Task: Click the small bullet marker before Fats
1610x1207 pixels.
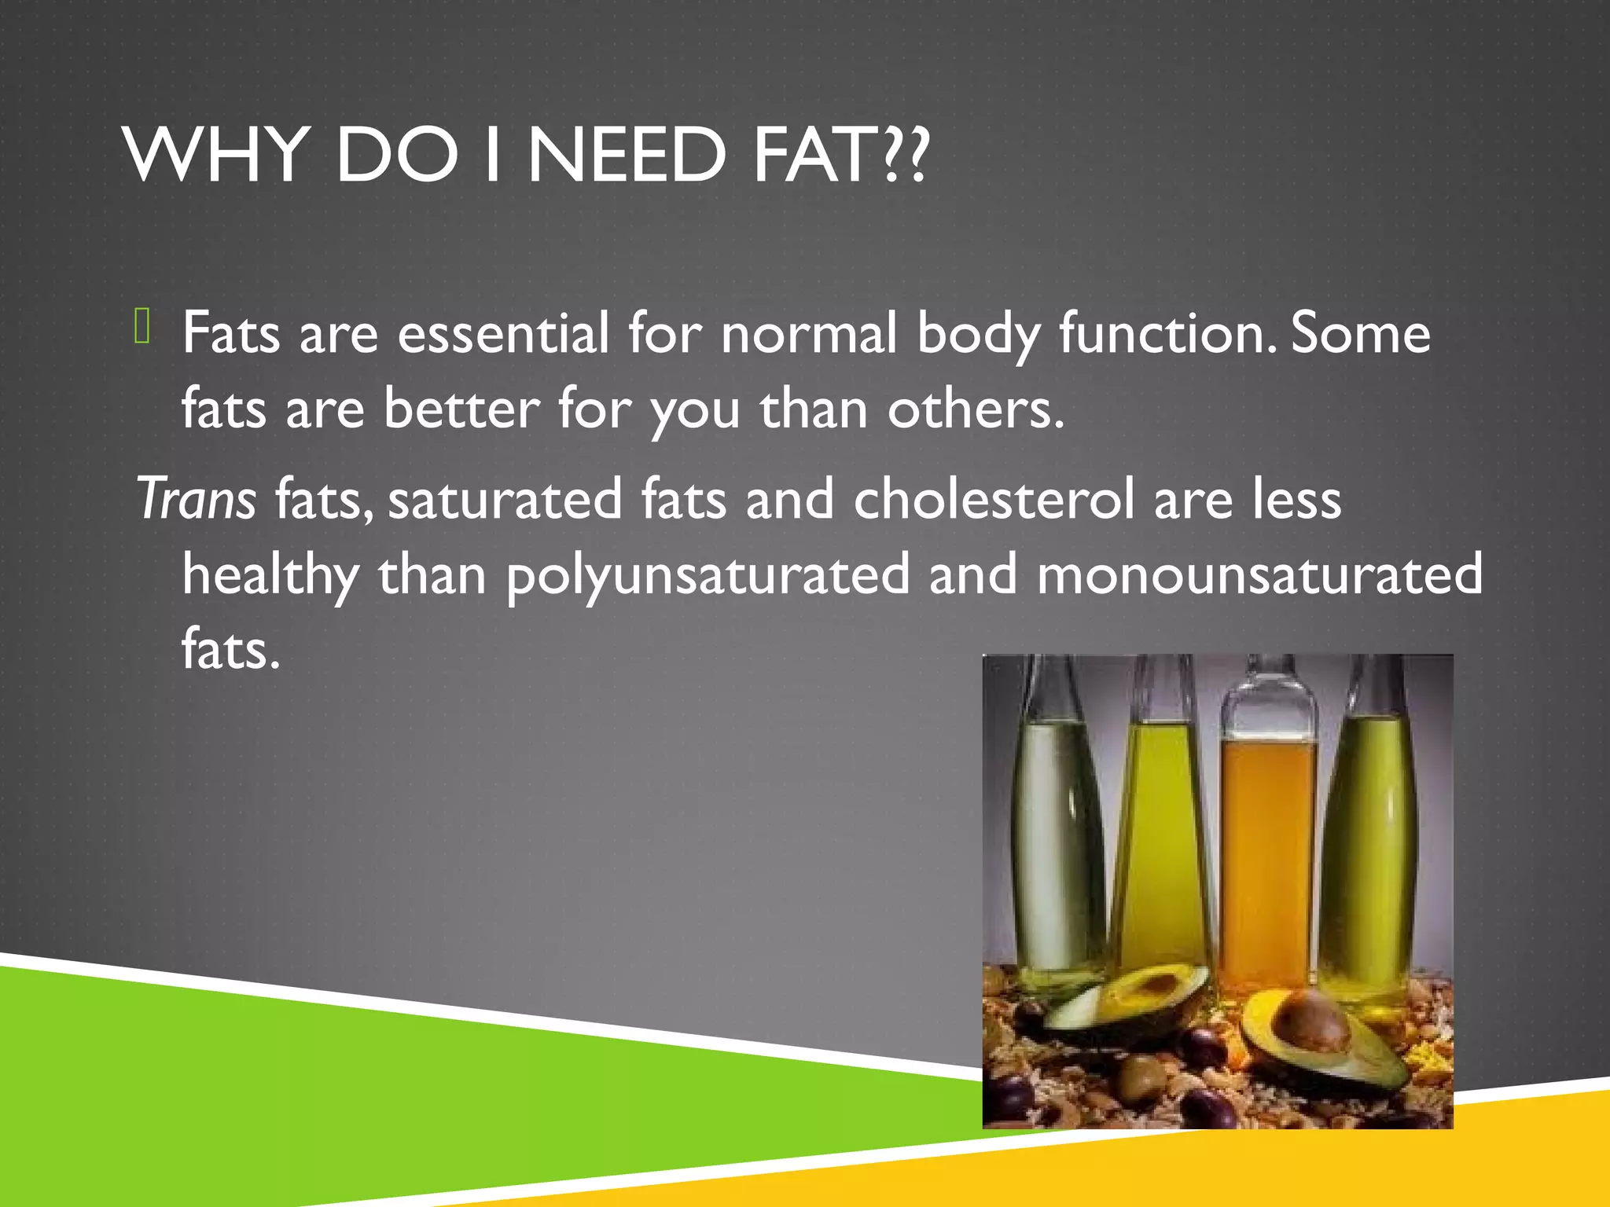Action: [142, 326]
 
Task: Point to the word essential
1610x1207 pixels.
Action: [503, 333]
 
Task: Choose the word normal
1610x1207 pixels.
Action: [809, 333]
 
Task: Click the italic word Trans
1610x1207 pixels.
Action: [197, 499]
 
